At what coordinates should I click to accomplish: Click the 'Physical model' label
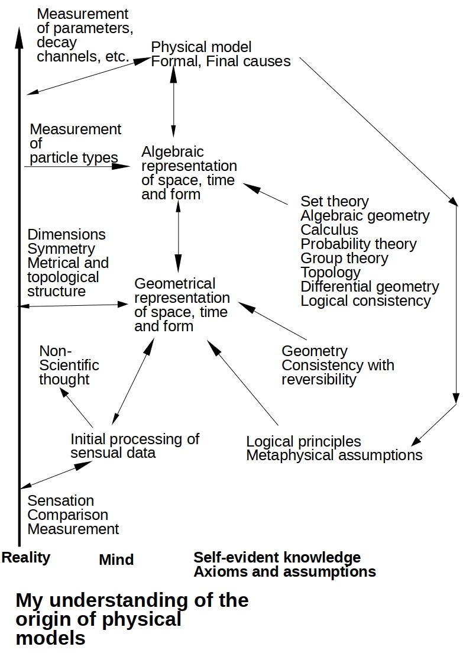[x=201, y=47]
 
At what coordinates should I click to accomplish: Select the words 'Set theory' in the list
[x=335, y=202]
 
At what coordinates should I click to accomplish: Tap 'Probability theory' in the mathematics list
[x=358, y=244]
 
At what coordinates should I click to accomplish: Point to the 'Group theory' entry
[x=344, y=258]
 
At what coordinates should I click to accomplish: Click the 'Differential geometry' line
[x=370, y=287]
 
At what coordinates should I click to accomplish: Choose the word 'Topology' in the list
[x=331, y=273]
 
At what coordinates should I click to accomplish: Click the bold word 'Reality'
[x=26, y=558]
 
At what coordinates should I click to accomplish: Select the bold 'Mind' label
[x=116, y=560]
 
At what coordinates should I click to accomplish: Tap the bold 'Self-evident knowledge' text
[x=277, y=557]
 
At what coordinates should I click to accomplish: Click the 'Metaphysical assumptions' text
[x=334, y=455]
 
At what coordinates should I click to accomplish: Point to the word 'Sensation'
[x=61, y=500]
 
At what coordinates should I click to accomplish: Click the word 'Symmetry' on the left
[x=61, y=249]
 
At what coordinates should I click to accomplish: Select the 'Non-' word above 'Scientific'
[x=56, y=351]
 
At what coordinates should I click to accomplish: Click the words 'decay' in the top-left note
[x=57, y=43]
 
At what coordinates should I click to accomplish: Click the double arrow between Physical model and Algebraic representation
[x=174, y=101]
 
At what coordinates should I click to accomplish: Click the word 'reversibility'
[x=319, y=380]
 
